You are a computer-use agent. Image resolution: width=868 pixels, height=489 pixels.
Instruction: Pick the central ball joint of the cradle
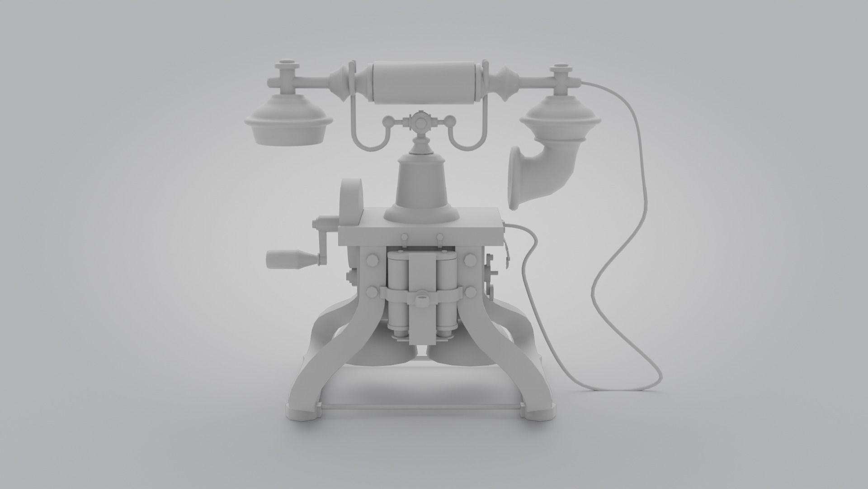[x=420, y=123]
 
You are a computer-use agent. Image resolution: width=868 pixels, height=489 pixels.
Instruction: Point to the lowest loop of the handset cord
[x=619, y=388]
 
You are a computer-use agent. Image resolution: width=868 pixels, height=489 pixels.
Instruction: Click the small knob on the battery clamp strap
[x=421, y=299]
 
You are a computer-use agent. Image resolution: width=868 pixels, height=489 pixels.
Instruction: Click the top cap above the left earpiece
[x=285, y=63]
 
